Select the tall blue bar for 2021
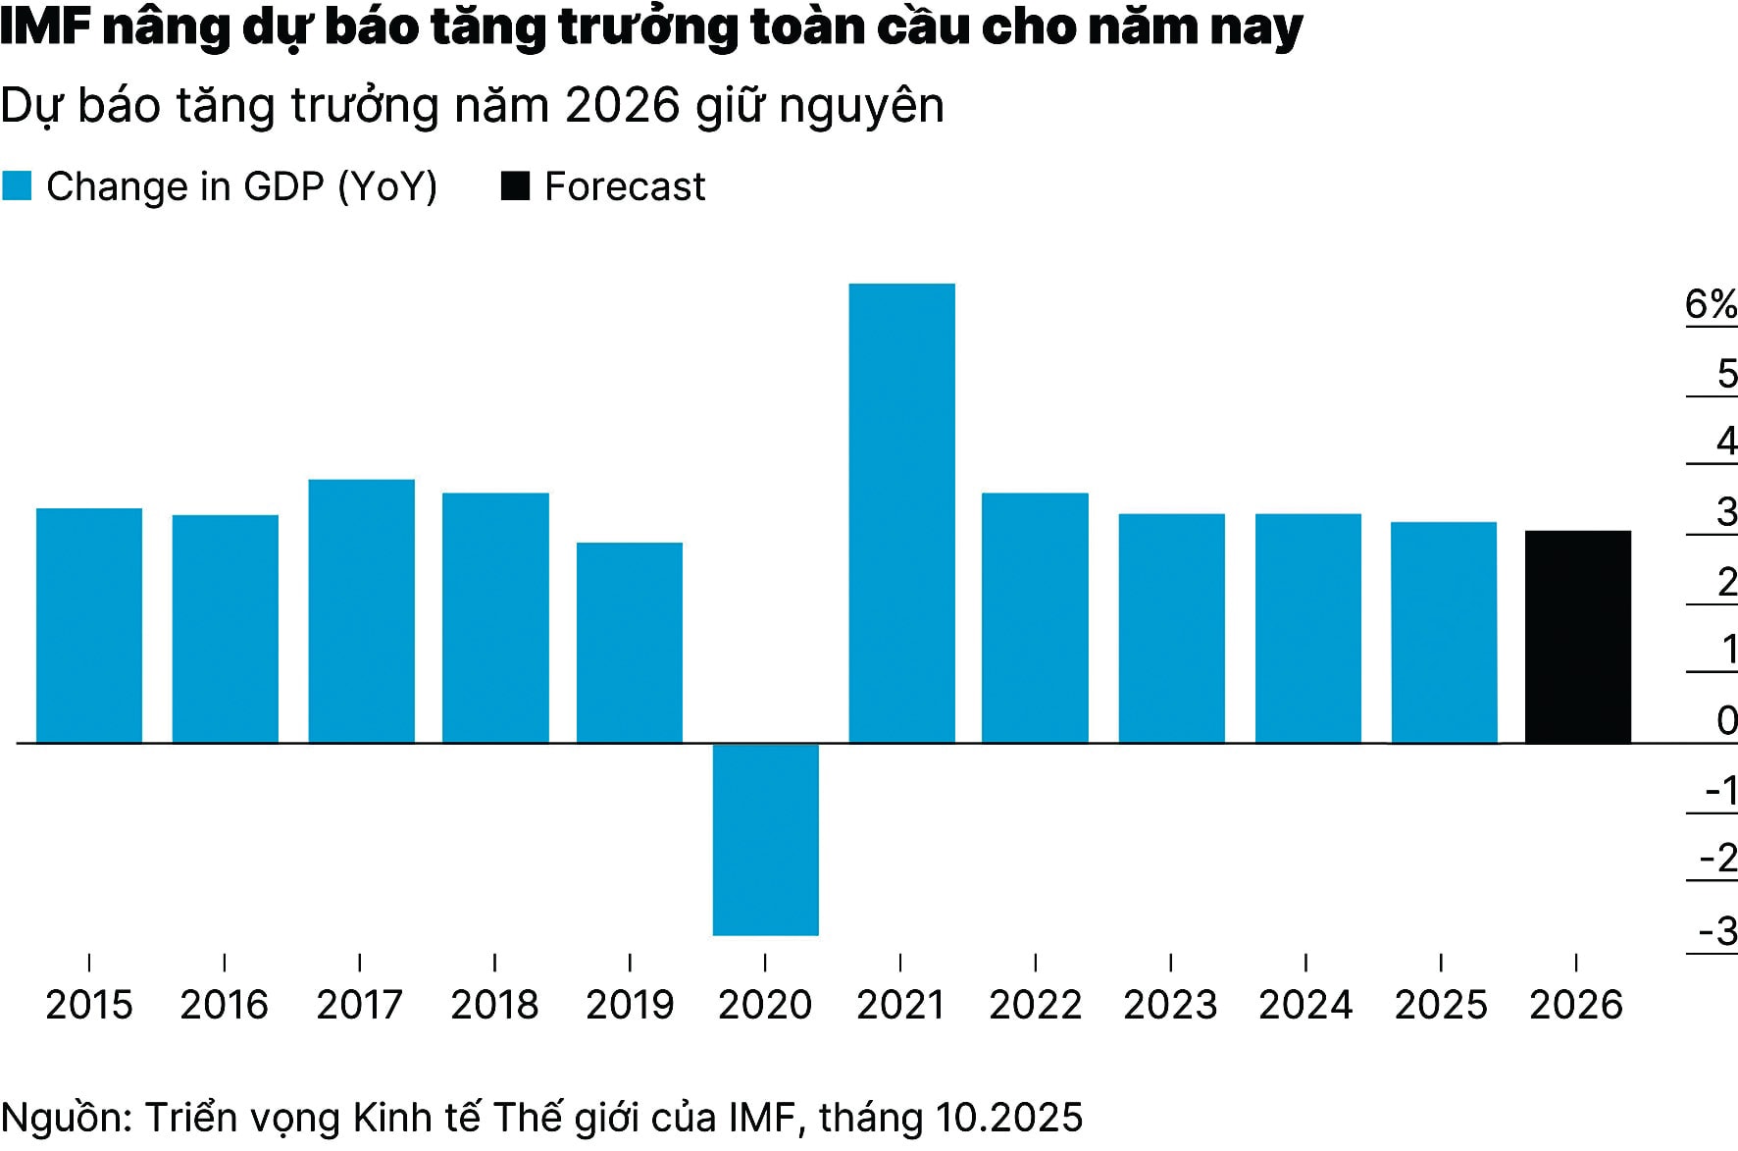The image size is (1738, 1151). pos(901,512)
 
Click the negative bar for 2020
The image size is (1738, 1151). pos(765,839)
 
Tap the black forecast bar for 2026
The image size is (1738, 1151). pos(1577,637)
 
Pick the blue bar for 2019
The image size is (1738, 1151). pos(629,643)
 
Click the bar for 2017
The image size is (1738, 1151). pos(361,610)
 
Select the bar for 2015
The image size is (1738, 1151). pos(89,625)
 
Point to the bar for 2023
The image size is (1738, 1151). pos(1171,628)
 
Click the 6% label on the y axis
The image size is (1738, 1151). pos(1711,305)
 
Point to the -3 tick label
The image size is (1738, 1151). pos(1717,930)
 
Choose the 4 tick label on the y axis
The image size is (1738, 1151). pos(1726,442)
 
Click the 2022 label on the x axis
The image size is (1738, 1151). pos(1035,1005)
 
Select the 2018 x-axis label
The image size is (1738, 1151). pos(494,1005)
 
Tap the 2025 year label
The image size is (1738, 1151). pos(1441,1005)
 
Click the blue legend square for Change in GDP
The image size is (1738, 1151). pos(17,186)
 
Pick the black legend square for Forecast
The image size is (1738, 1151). pos(515,186)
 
